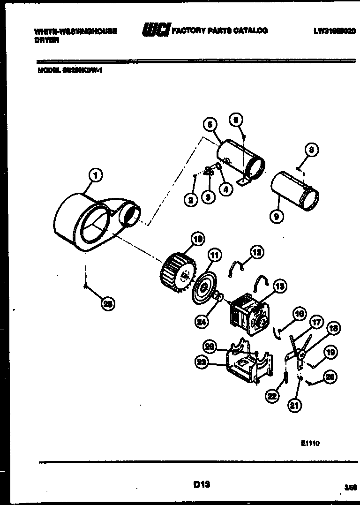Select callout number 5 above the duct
point(210,124)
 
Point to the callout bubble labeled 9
point(277,217)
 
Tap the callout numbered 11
point(214,256)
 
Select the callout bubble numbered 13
point(279,286)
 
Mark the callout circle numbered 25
point(108,304)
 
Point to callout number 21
point(294,406)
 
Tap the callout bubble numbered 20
point(330,376)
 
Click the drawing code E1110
point(310,443)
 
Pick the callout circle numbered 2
point(191,200)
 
